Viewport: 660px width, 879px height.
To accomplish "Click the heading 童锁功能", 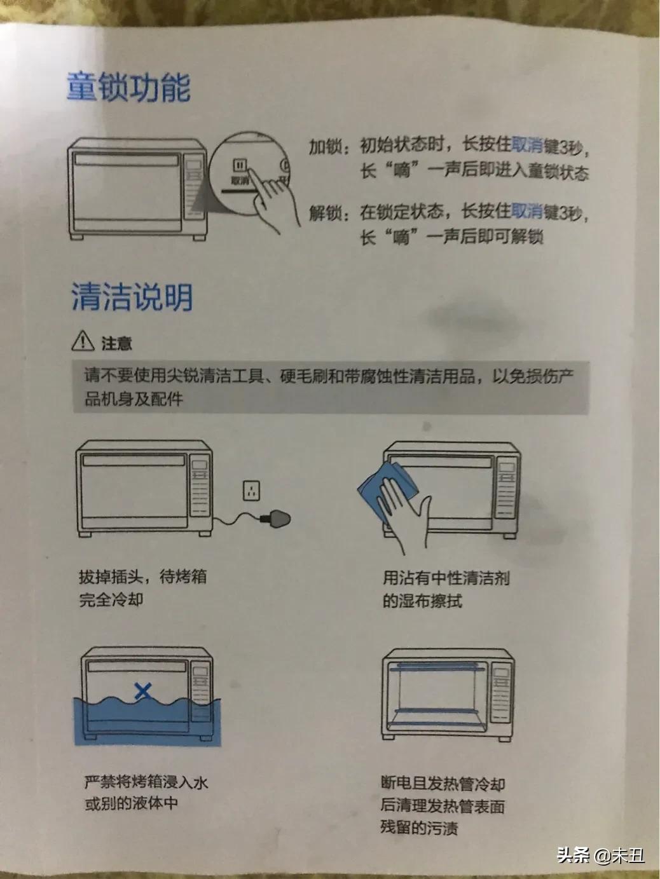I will pyautogui.click(x=128, y=87).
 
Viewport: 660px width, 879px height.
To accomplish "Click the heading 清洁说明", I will pyautogui.click(x=132, y=297).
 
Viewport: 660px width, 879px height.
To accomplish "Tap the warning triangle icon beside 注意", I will pyautogui.click(x=83, y=341).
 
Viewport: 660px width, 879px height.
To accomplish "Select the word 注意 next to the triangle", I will pyautogui.click(x=116, y=343).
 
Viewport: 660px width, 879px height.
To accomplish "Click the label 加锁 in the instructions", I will pyautogui.click(x=325, y=147).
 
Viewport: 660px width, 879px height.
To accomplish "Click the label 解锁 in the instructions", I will pyautogui.click(x=325, y=213).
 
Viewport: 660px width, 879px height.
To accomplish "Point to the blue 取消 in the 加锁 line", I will pyautogui.click(x=527, y=146).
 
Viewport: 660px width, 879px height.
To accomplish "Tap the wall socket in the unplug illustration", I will pyautogui.click(x=252, y=490).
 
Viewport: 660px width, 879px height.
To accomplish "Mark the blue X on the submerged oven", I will pyautogui.click(x=144, y=691).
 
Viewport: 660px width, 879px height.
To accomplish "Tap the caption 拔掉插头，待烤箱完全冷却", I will pyautogui.click(x=142, y=588).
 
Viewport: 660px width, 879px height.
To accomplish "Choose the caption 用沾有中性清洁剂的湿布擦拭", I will pyautogui.click(x=445, y=589).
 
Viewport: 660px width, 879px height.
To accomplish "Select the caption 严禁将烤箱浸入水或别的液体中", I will pyautogui.click(x=146, y=793).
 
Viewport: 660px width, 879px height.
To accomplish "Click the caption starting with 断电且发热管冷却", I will pyautogui.click(x=443, y=806).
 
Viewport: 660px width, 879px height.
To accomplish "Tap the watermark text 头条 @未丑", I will pyautogui.click(x=600, y=855).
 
